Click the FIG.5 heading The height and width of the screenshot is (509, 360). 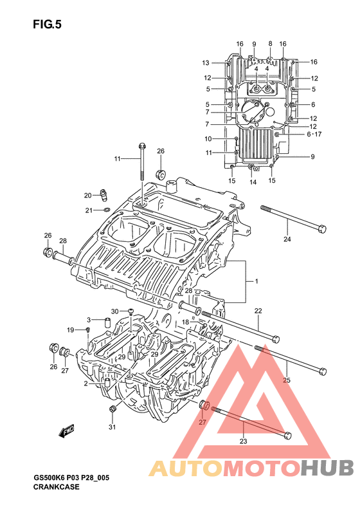click(47, 24)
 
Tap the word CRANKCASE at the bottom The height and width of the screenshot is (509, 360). click(56, 486)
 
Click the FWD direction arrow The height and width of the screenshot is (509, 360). click(66, 430)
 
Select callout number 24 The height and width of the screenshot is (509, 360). click(287, 239)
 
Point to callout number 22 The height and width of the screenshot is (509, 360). click(258, 311)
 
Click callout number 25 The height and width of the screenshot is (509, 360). click(287, 380)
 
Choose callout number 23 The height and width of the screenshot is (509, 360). click(243, 441)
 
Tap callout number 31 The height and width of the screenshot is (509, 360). click(112, 427)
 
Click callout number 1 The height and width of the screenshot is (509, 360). click(256, 281)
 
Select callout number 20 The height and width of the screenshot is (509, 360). click(88, 196)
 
